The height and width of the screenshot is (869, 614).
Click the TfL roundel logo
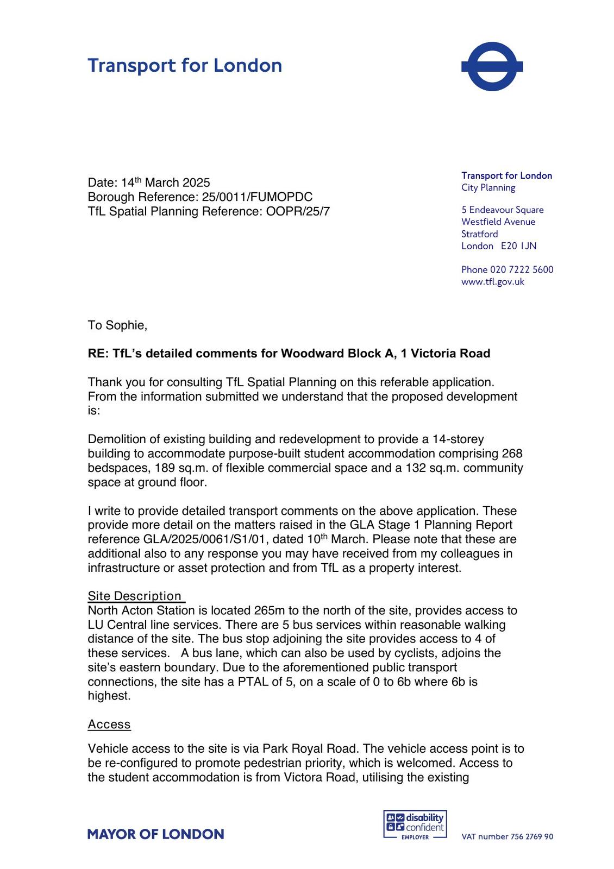492,66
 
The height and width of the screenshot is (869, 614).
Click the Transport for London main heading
185,66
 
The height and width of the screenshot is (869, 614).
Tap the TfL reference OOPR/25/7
298,211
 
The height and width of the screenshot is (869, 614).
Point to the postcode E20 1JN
518,246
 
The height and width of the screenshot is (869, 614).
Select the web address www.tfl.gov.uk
492,282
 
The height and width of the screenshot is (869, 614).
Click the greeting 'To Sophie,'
117,325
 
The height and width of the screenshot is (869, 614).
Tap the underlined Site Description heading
135,596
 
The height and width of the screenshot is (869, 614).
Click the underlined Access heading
109,725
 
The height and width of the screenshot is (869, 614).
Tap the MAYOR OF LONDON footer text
155,834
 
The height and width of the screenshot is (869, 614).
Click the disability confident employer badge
415,824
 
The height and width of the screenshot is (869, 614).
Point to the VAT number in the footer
507,837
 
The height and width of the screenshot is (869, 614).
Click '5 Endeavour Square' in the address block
502,210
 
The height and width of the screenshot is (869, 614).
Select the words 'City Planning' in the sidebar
488,188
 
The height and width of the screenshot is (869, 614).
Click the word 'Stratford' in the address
479,234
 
